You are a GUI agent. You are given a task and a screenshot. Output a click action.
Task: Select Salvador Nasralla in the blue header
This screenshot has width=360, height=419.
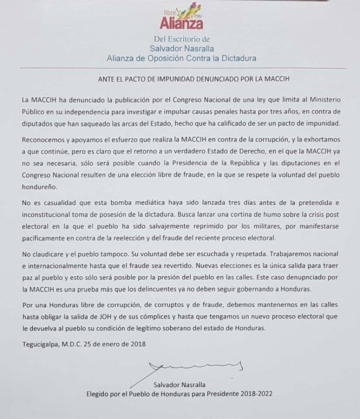pos(182,48)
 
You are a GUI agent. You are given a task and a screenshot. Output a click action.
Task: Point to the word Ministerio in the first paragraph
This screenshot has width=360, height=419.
pos(322,100)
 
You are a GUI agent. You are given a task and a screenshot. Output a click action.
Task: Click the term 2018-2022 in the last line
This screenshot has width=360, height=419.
pos(256,394)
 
